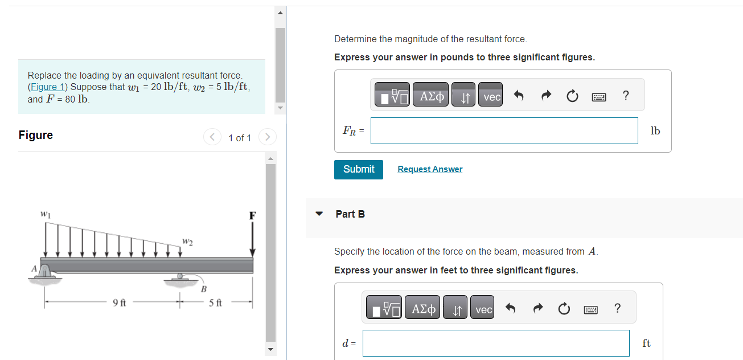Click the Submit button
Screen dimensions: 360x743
pos(359,169)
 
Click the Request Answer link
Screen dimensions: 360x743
pos(430,169)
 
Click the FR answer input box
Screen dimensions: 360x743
pos(504,131)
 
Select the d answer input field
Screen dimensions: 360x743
pos(496,343)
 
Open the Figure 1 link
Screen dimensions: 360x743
pos(46,87)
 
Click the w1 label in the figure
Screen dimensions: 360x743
pos(45,215)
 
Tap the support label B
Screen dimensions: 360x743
pos(203,289)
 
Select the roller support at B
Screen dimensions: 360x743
pos(180,280)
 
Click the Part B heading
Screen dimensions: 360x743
pos(350,214)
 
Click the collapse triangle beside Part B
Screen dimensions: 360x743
pos(319,214)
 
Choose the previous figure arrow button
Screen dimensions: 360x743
pos(212,137)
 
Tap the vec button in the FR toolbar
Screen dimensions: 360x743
pos(491,97)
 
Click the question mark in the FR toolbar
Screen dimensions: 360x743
pos(626,96)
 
